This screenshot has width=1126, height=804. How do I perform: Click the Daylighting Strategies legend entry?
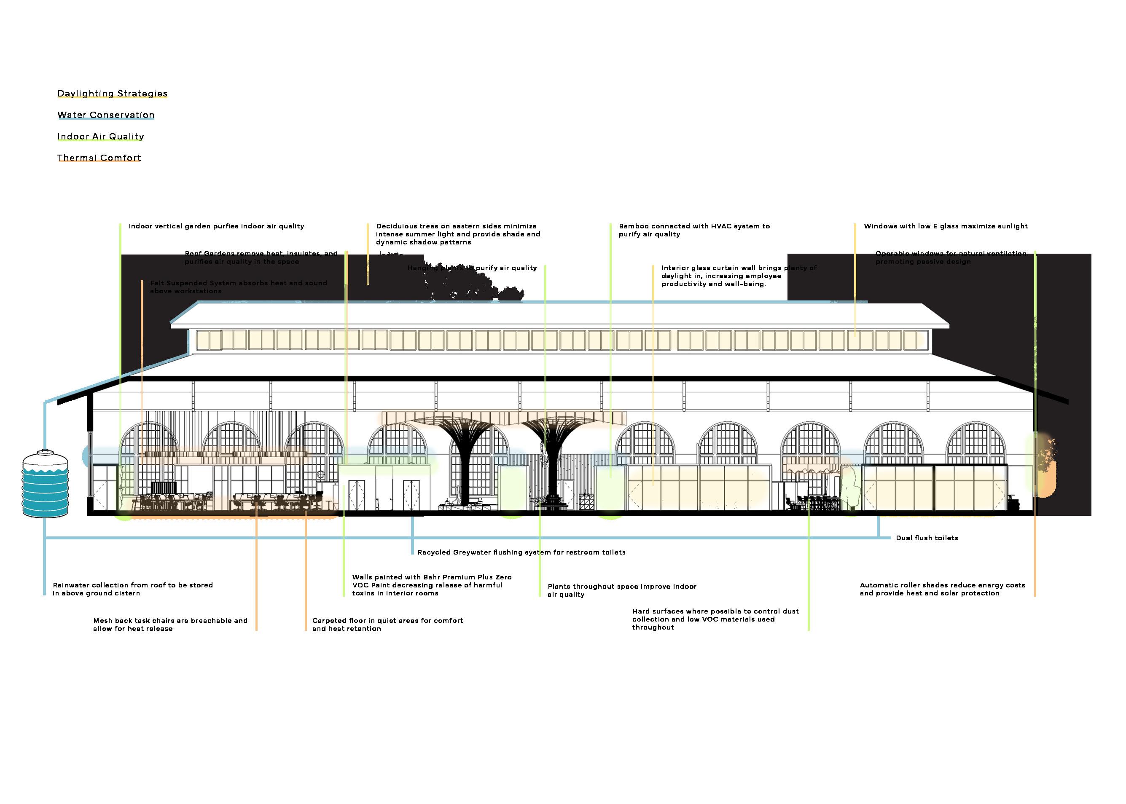(113, 94)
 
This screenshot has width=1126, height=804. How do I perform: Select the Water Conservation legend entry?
(106, 115)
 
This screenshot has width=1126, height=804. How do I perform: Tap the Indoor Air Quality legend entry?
(100, 137)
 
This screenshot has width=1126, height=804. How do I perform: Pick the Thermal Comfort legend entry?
(99, 158)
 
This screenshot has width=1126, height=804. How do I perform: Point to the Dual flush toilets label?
(927, 538)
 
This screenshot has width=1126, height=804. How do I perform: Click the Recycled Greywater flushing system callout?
(521, 552)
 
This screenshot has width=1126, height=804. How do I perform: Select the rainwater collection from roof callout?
(133, 589)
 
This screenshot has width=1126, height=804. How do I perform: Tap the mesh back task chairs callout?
(170, 624)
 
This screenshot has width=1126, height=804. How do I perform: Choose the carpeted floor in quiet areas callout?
(387, 624)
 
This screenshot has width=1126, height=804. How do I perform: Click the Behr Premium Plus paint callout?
(431, 585)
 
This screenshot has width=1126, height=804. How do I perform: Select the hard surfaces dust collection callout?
(715, 619)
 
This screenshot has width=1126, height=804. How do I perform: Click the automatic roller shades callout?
(942, 589)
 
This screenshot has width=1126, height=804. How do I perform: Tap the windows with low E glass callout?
(945, 226)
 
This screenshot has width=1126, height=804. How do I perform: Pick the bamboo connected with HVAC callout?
(694, 230)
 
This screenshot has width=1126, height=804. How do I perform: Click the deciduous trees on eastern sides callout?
(457, 234)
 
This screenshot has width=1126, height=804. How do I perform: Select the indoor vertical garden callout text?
(216, 226)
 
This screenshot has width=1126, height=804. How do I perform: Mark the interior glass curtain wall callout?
(738, 276)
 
